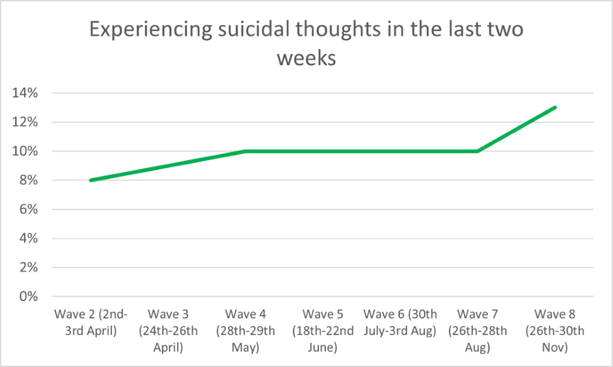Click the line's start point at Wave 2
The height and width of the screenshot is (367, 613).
coord(90,180)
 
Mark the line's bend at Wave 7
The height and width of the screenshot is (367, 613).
coord(478,151)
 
